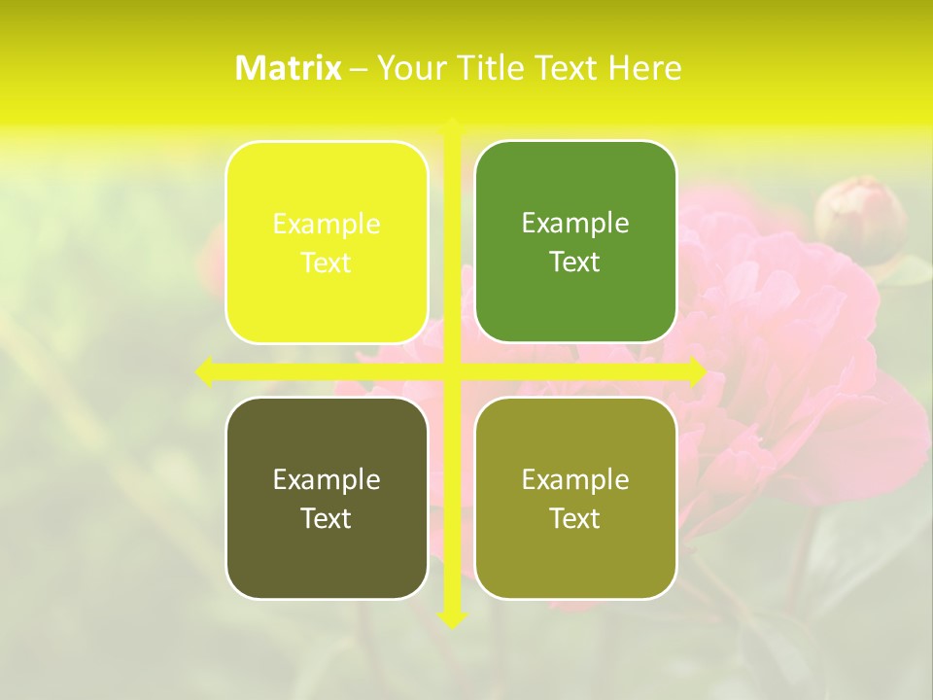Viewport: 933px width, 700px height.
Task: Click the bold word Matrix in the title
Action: coord(289,67)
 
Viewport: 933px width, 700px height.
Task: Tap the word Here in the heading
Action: coord(644,67)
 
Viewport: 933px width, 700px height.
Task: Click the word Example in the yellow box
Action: coord(327,224)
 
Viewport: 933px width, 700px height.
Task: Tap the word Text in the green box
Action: coord(575,262)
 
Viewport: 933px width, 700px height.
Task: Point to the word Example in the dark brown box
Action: coord(327,479)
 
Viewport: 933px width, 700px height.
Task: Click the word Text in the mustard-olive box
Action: coord(575,518)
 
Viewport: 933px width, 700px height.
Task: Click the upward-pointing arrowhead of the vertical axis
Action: coord(452,126)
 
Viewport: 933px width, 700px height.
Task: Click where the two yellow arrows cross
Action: coord(452,372)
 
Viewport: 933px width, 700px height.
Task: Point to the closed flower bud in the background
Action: coord(859,220)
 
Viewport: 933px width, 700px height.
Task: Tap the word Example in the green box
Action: coord(575,224)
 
